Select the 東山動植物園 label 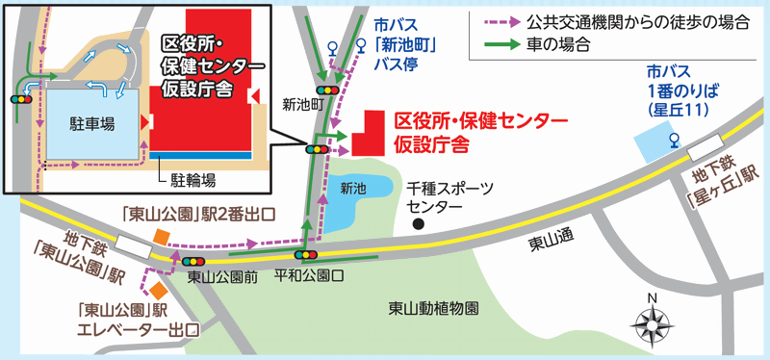(x=433, y=309)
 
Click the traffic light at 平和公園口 (x=306, y=255)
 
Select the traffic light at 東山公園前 (x=192, y=261)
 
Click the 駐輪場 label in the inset (x=192, y=178)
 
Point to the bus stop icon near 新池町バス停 (x=333, y=45)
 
